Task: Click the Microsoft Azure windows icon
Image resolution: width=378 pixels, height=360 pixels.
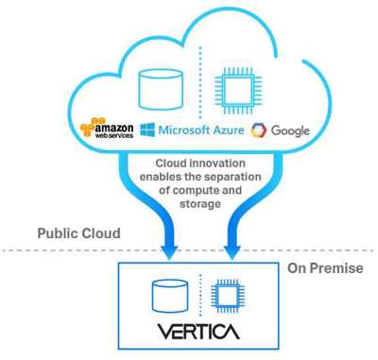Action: [147, 129]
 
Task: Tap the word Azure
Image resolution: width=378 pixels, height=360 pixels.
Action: [224, 129]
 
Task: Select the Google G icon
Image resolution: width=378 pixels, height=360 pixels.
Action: [258, 130]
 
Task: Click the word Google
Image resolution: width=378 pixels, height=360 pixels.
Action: [290, 130]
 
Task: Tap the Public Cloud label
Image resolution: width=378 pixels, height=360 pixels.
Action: [80, 233]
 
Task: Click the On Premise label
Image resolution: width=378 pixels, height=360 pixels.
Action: [324, 269]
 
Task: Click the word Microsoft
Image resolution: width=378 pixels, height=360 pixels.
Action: [182, 129]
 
